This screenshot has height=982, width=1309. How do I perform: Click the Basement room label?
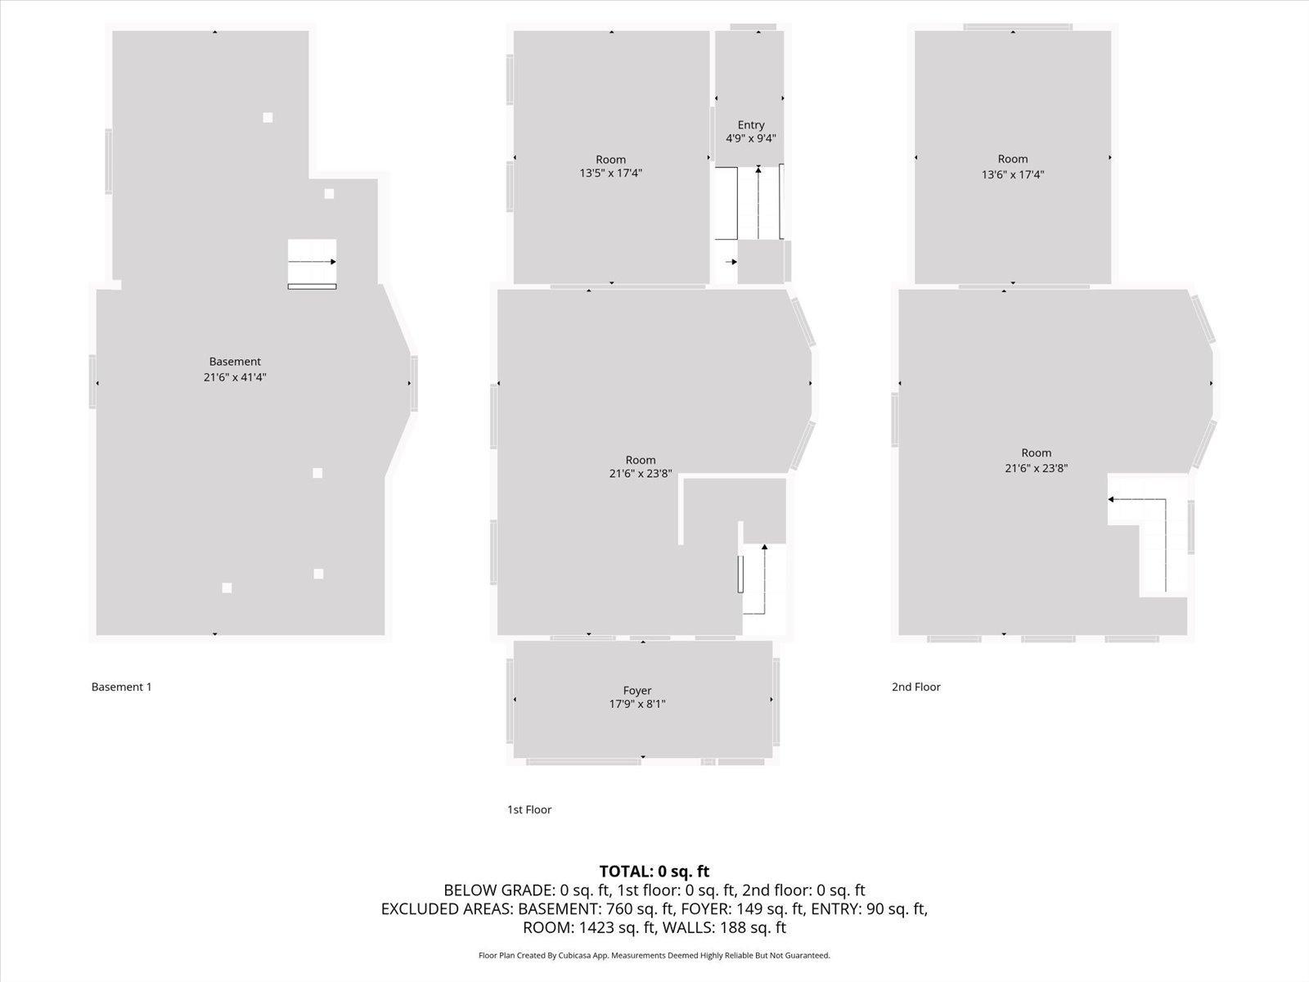(x=235, y=362)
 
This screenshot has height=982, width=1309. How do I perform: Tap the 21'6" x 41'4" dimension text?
(x=235, y=377)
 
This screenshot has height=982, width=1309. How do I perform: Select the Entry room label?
(x=750, y=125)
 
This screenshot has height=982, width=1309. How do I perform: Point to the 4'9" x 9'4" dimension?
(x=750, y=138)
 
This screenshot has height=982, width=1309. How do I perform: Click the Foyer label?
(x=637, y=691)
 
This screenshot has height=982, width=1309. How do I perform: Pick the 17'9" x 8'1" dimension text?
(x=637, y=705)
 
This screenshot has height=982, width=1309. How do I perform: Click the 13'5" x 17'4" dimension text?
(x=610, y=173)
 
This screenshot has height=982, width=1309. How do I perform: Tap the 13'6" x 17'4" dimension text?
(x=1013, y=174)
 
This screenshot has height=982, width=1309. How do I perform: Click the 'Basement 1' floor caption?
(x=121, y=687)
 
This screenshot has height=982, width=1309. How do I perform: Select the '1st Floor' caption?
(x=529, y=810)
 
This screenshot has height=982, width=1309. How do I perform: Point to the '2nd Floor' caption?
(x=915, y=687)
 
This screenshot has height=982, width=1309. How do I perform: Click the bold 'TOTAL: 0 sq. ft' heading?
(x=654, y=872)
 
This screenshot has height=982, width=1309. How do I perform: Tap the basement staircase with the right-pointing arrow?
(x=312, y=263)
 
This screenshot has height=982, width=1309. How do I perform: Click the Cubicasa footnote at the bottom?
(x=654, y=956)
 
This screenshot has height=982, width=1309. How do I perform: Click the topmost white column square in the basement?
(x=268, y=118)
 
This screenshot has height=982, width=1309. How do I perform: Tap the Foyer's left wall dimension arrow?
(x=515, y=700)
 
